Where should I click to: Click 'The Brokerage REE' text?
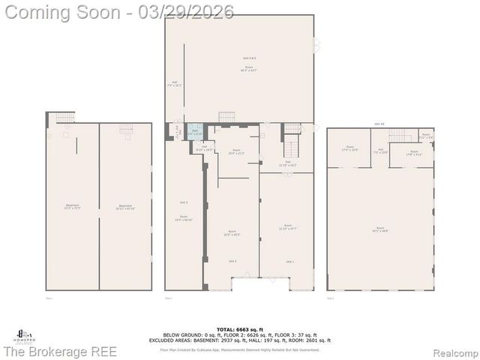coord(59,351)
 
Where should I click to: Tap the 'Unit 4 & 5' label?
coord(249,58)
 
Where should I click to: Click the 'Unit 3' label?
coord(184,203)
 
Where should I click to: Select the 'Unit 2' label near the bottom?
coord(232,260)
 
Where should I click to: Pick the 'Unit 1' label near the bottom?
coord(289,260)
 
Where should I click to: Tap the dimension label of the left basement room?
coord(72,208)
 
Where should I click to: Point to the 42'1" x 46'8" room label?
coord(380,229)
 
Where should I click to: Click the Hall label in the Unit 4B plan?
coord(380,151)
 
